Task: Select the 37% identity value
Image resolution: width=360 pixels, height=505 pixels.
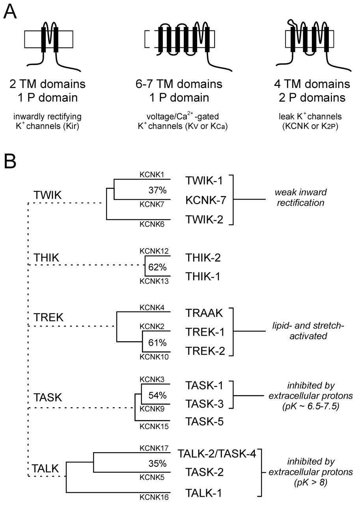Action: tap(157, 191)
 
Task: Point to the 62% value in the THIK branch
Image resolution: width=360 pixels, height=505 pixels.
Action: tap(157, 267)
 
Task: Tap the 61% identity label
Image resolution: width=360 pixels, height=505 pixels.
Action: tap(157, 342)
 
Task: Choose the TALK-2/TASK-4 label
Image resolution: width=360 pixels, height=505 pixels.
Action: tap(217, 454)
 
